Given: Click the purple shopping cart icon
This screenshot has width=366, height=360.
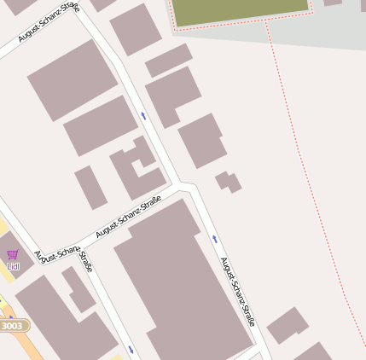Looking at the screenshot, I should click(x=12, y=254).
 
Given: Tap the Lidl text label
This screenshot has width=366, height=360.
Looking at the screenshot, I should click(x=12, y=267).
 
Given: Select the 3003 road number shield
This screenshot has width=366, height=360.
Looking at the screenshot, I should click(x=13, y=326).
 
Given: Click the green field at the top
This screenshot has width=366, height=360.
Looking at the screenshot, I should click(x=239, y=10).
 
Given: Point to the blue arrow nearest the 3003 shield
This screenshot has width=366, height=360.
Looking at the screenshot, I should click(x=131, y=349).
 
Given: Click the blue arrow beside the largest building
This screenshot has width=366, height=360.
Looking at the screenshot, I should click(x=215, y=238).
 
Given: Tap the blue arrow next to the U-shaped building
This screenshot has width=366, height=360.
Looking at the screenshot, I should click(x=143, y=114).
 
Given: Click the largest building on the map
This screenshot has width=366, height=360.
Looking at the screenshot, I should click(x=183, y=282).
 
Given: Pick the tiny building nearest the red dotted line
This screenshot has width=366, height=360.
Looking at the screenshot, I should click(x=228, y=181).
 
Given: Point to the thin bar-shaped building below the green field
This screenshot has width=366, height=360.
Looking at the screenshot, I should click(x=168, y=61).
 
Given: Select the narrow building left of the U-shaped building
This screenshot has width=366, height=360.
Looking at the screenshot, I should click(x=90, y=188).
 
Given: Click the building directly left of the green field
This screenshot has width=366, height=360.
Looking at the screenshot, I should click(x=135, y=28).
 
